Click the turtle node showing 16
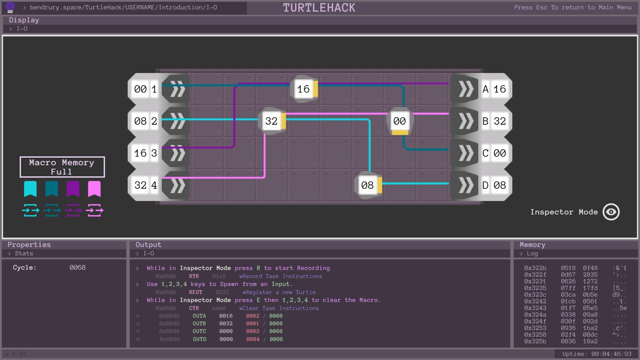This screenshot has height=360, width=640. tap(304, 89)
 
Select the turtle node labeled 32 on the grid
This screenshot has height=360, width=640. tap(272, 121)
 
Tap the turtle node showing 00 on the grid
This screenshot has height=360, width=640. tap(400, 121)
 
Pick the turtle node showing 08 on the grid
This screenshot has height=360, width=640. tap(368, 185)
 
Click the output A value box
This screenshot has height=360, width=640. tap(500, 89)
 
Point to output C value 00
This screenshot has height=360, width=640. tap(500, 153)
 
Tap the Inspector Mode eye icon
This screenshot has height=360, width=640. tap(611, 212)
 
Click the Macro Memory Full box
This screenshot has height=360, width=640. tap(62, 167)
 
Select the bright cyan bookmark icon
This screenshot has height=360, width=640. tap(30, 189)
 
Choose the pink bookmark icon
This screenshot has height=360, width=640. tap(94, 189)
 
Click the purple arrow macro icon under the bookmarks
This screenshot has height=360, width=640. tap(73, 210)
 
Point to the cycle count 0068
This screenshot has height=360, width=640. tap(77, 268)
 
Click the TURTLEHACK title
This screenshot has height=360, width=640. tap(319, 8)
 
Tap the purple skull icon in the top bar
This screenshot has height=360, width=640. tap(10, 7)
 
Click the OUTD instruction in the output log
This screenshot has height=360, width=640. tap(200, 339)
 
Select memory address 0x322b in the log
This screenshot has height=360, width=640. tap(535, 268)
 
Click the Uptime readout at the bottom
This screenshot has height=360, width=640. tap(597, 354)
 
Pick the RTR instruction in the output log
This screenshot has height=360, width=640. tap(194, 276)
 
